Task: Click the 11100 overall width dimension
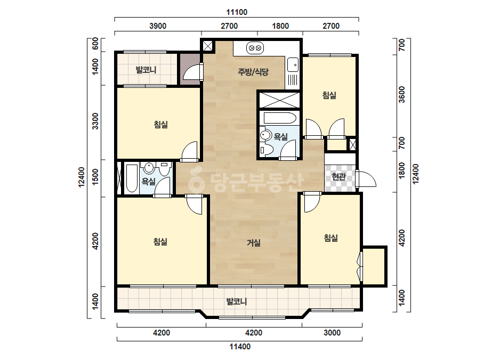coord(237,12)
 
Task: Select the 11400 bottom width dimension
coord(240,347)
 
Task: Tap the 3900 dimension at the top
coord(158,26)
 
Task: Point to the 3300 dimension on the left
coord(95,121)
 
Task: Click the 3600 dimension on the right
coord(402,94)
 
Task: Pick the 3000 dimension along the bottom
coord(332,333)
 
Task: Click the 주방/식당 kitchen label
coord(253,72)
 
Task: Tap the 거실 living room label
coord(254,242)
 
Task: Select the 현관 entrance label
coord(339,177)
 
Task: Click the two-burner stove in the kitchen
coord(254,48)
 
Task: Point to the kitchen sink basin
coord(293,65)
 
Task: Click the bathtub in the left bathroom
coord(132,178)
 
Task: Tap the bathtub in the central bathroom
coord(280,118)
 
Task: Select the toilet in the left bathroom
coord(164,169)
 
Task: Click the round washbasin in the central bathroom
coord(266,135)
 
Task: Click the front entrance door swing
coord(367,179)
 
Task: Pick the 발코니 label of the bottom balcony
coord(237,301)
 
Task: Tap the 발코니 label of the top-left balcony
coord(146,70)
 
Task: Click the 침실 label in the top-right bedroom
coord(329,95)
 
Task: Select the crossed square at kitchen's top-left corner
coord(207,46)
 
